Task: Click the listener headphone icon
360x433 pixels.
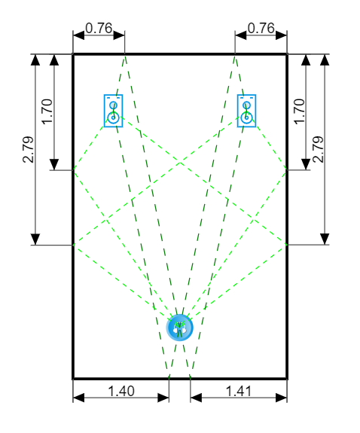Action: coord(179,328)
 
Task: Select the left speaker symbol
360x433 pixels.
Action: coord(113,111)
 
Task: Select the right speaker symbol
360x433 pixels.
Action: coord(246,111)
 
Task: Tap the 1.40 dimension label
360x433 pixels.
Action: coord(121,391)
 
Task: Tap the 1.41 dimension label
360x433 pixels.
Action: coord(239,391)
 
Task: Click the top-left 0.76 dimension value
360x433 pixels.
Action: coord(99,28)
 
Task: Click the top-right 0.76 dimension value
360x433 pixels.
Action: coord(261,28)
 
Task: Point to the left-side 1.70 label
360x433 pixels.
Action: coord(47,111)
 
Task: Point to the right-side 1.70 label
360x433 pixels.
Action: coord(299,111)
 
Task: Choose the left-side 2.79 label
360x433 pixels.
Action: coord(29,149)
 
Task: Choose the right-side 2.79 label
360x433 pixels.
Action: coord(318,149)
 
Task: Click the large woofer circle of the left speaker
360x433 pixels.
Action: coord(113,117)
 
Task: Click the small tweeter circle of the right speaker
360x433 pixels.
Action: coord(246,105)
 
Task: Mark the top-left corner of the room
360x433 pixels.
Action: coord(73,54)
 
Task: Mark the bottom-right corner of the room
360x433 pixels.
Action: coord(287,378)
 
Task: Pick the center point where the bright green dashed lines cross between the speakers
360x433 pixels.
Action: coord(180,163)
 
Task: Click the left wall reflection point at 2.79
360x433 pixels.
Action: coord(74,245)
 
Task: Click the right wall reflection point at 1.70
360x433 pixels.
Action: coord(286,169)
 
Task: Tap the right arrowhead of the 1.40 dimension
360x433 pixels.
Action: coord(163,398)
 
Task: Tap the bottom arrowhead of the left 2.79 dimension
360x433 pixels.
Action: coord(35,239)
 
